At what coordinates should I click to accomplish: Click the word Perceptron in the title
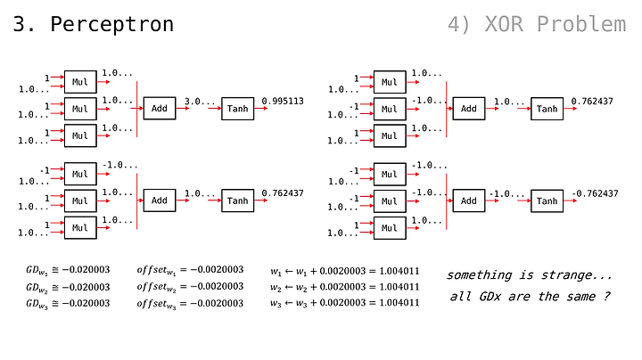pos(111,25)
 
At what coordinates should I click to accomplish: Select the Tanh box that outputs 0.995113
pos(237,109)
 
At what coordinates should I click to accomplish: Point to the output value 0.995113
pos(283,101)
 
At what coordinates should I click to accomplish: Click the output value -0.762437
pos(595,193)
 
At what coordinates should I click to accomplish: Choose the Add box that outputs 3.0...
pos(160,109)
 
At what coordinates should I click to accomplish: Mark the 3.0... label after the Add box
pos(200,101)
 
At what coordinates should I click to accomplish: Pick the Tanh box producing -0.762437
pos(547,200)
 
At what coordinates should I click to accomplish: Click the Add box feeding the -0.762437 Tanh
pos(469,200)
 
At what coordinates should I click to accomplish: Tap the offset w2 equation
pos(190,287)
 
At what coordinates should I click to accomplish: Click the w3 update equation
pos(345,303)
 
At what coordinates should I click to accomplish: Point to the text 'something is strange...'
pos(529,275)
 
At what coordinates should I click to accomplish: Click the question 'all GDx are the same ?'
pos(530,296)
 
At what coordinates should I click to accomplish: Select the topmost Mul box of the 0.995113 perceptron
pos(80,82)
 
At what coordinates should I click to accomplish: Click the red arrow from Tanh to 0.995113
pos(260,109)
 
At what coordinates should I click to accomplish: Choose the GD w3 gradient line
pos(68,304)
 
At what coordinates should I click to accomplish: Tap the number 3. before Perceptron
pos(25,25)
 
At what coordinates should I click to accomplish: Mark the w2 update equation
pos(345,287)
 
